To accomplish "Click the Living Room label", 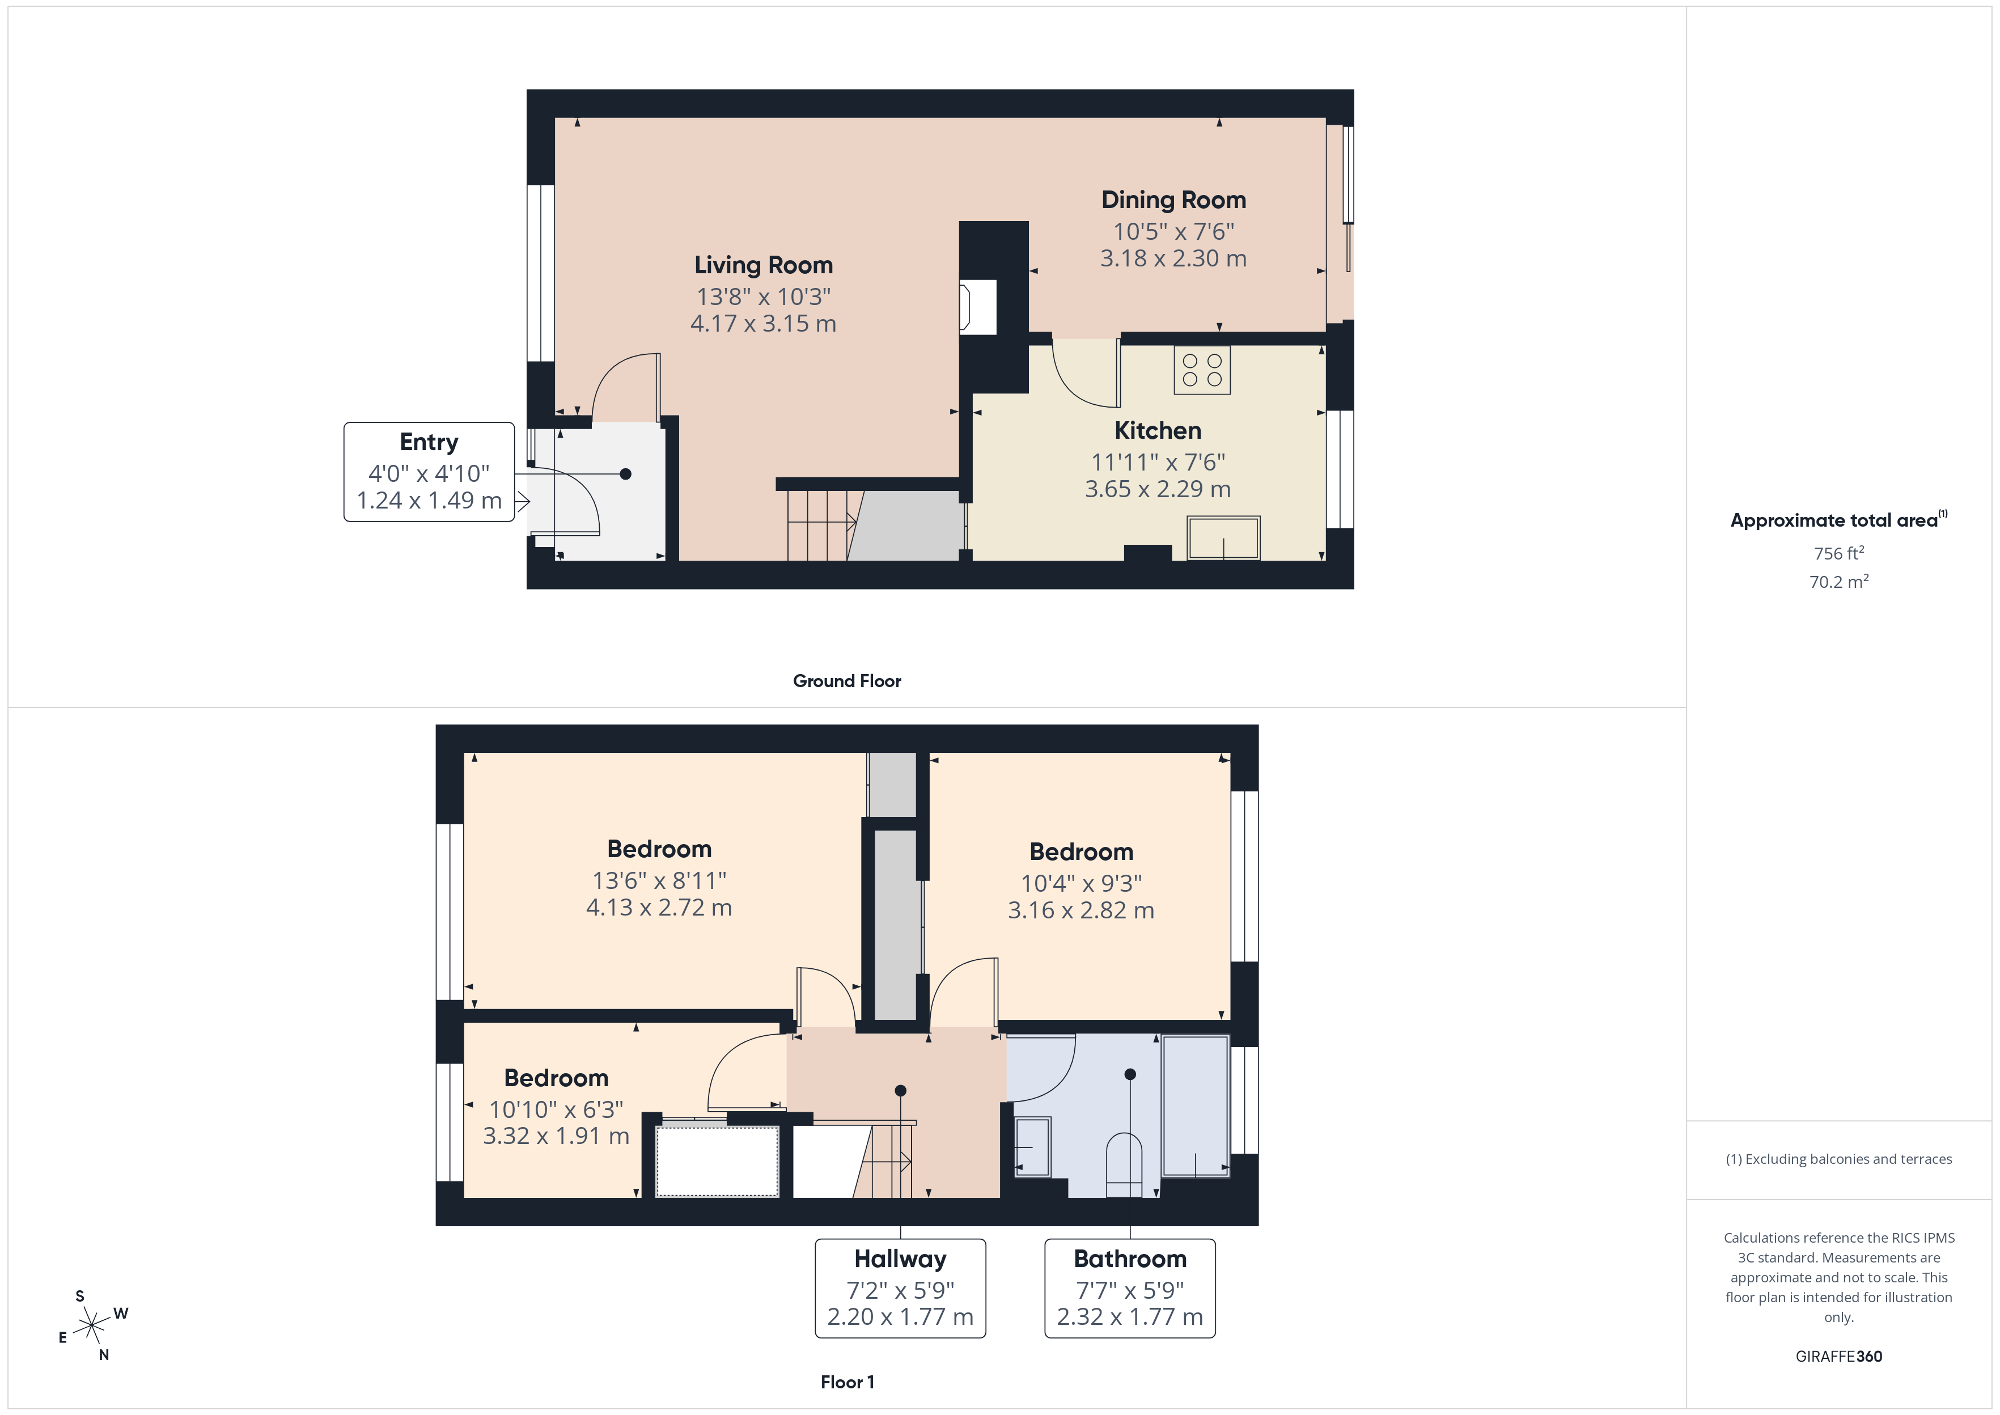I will [x=763, y=265].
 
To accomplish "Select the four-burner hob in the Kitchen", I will [x=1201, y=370].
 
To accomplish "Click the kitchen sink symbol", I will [x=1223, y=537].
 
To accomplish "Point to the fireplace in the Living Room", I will [x=977, y=307].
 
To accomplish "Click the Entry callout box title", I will [x=429, y=442].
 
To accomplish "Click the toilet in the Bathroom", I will [x=1124, y=1166].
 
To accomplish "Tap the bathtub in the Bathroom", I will [x=1195, y=1105].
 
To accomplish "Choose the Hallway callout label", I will [x=900, y=1259].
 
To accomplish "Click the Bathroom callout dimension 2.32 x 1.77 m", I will [x=1130, y=1316].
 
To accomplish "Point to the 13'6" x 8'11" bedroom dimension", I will [x=659, y=880].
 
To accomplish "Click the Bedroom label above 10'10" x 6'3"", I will [x=556, y=1078].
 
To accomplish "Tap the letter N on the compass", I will [x=104, y=1355].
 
